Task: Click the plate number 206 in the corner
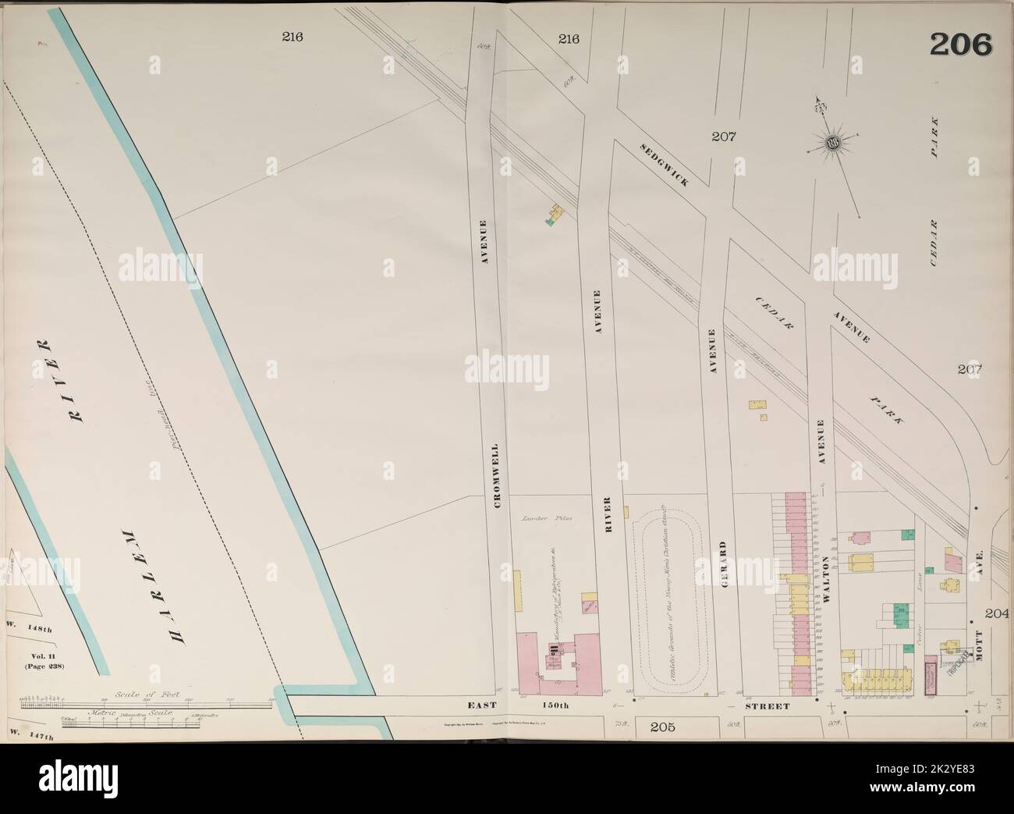coord(960,44)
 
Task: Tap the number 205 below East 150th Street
coord(661,728)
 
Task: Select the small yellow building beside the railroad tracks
coord(557,213)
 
